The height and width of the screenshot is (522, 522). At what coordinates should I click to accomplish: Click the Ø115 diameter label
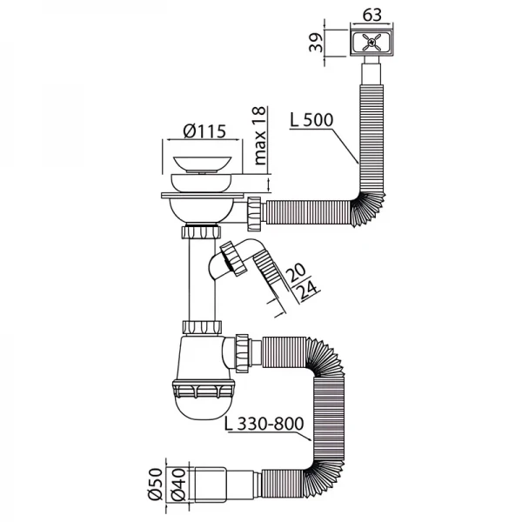[x=204, y=132]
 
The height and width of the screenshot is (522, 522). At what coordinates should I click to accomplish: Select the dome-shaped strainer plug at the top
[x=205, y=163]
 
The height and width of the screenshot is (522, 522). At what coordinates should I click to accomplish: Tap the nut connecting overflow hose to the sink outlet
[x=255, y=211]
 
